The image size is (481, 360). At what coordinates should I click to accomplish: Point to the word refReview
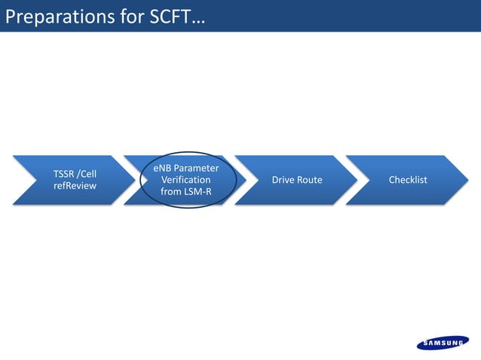point(75,186)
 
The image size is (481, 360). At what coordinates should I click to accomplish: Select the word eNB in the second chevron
point(163,168)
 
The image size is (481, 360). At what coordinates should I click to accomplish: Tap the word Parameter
point(197,168)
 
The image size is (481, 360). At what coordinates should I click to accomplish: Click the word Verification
point(186,180)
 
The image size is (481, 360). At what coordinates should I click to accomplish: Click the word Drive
point(284,180)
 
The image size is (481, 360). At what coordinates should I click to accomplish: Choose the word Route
point(310,180)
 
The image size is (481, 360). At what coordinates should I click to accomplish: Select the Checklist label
point(408,180)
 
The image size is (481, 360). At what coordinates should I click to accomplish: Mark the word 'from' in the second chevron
point(171,192)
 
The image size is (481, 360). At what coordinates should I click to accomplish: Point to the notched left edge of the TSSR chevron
point(28,180)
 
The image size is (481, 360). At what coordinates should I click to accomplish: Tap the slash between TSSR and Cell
point(83,174)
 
